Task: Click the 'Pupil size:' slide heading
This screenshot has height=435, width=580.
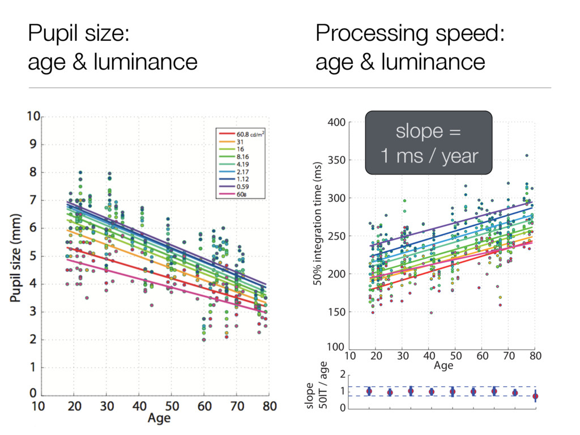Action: click(x=79, y=35)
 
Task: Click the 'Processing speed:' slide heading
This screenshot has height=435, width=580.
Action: click(x=410, y=35)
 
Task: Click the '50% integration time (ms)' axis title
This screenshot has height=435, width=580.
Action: click(x=318, y=224)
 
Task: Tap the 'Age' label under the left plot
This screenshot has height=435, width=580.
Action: click(x=160, y=419)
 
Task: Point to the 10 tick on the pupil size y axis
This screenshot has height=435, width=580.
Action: click(x=33, y=117)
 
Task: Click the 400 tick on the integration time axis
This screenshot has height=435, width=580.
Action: click(x=338, y=122)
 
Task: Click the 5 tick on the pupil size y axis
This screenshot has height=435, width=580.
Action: click(x=33, y=256)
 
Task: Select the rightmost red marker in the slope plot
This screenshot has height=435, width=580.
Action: click(x=535, y=396)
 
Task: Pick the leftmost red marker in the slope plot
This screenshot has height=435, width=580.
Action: click(x=369, y=391)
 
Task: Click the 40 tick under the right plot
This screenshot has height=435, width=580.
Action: click(x=428, y=356)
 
